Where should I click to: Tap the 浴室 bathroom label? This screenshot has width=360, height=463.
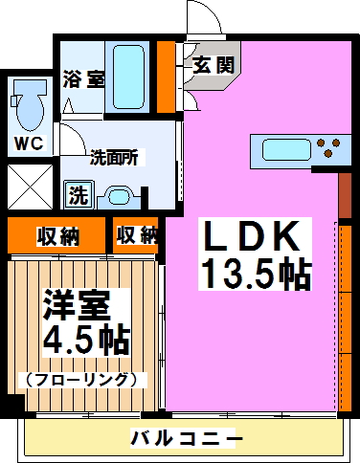point(83,79)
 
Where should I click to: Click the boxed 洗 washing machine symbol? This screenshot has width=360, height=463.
point(76,197)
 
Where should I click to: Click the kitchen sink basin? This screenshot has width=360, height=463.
point(281,149)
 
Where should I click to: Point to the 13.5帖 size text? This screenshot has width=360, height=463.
point(255,275)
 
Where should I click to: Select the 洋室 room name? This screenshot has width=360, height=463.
point(78,308)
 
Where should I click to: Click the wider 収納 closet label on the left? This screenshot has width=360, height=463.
point(57,235)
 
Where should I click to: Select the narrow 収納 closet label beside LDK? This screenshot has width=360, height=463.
point(136,233)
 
